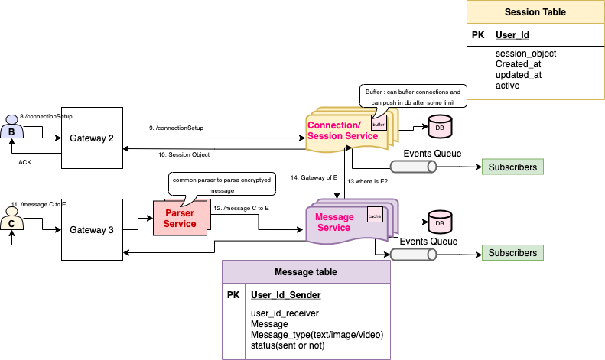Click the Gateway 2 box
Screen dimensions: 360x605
(92, 138)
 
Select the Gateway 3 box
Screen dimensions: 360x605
(92, 229)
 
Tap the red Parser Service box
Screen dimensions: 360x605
(181, 219)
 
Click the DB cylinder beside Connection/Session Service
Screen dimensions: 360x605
(439, 127)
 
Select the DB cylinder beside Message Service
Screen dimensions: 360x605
(439, 222)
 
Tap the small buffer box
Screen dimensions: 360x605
(379, 123)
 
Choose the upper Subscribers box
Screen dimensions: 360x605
(512, 167)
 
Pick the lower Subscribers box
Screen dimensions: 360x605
(512, 252)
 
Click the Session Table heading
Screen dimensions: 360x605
(535, 13)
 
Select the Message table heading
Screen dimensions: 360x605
(306, 272)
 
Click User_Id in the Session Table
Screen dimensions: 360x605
(512, 35)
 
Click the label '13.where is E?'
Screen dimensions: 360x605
(368, 182)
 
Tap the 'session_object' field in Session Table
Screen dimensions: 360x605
(525, 54)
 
